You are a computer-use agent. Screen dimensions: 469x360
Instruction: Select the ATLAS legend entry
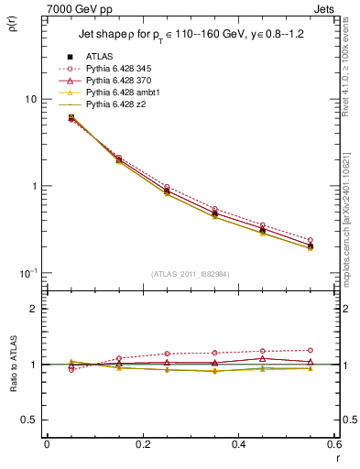100,56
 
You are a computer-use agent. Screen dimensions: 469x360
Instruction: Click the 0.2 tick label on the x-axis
142,445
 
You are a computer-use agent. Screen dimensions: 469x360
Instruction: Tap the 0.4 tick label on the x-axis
238,445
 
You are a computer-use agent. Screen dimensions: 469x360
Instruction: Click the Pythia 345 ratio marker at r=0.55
311,350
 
